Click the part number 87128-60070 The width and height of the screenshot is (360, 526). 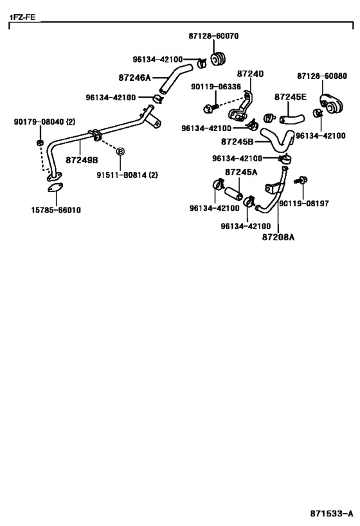(213, 36)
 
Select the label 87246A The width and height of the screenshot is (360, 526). (134, 78)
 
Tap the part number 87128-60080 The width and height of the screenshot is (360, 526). (321, 76)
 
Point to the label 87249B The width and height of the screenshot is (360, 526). (82, 160)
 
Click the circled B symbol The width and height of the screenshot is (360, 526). (120, 152)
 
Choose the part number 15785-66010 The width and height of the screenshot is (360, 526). (56, 210)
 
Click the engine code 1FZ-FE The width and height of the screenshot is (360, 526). (22, 17)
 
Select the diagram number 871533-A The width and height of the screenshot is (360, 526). (332, 514)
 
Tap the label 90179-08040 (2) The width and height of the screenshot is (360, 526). (44, 122)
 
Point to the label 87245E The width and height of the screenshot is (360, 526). (291, 97)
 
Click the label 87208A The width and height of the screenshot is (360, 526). (278, 237)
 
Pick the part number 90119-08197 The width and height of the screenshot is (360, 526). (304, 204)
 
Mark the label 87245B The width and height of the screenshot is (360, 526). (237, 142)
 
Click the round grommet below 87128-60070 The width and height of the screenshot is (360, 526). (218, 59)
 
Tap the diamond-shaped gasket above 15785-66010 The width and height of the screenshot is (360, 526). (55, 188)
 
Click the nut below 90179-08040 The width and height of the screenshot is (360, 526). (40, 143)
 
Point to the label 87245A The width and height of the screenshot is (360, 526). (241, 172)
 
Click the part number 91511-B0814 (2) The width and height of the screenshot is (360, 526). (127, 175)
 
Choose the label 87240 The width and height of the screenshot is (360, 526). (250, 74)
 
